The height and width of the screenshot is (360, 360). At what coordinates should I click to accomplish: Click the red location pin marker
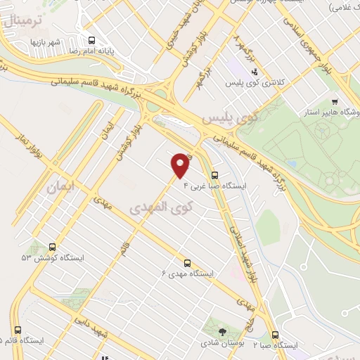tap(181, 165)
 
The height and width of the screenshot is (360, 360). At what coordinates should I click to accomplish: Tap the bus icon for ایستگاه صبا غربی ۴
tap(214, 176)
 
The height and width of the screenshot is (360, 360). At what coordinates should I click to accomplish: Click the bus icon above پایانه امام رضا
tap(91, 41)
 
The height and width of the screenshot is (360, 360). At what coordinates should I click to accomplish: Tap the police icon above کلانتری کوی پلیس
tap(255, 72)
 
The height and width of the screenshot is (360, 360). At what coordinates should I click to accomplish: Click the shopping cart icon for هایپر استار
tap(335, 101)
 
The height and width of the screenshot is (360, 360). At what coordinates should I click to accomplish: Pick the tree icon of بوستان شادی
tap(223, 331)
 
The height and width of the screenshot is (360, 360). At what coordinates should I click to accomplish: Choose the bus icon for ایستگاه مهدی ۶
tap(187, 262)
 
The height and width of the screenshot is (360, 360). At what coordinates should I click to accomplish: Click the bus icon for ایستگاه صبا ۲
tap(275, 335)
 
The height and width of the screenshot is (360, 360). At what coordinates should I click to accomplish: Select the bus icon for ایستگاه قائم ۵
tap(18, 330)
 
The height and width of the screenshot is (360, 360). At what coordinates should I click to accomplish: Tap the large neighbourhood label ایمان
tap(59, 188)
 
